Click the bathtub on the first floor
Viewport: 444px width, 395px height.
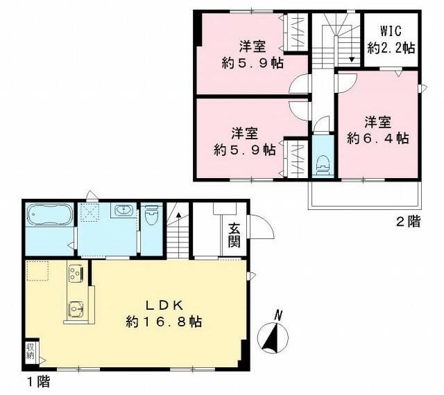click(49, 215)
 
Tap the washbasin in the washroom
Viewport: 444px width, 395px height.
click(123, 210)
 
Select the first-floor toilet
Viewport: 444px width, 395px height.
click(152, 215)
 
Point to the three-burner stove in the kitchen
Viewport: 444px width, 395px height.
click(76, 273)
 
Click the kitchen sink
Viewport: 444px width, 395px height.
click(76, 308)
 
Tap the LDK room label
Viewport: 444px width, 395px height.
click(165, 306)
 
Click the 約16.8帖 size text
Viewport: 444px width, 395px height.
click(164, 322)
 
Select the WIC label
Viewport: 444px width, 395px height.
click(391, 31)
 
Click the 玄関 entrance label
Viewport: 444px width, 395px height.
click(234, 236)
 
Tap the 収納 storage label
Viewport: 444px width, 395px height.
click(31, 351)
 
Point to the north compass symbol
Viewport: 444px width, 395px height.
click(273, 335)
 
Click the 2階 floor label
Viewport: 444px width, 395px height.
click(408, 222)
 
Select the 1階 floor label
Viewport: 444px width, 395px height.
click(38, 383)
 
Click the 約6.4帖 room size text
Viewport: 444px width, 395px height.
click(377, 139)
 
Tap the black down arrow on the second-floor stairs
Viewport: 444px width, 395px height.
click(352, 60)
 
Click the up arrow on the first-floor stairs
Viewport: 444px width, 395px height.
click(179, 214)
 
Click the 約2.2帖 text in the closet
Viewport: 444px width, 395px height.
click(391, 49)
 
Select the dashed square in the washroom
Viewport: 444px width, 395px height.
click(89, 211)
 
